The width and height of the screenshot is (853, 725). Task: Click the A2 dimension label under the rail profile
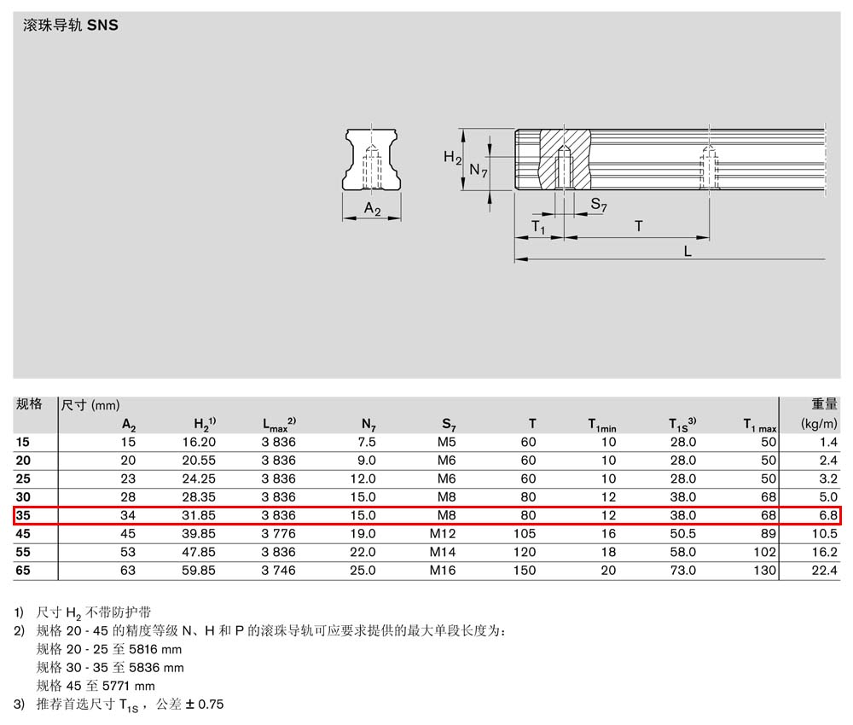coord(372,209)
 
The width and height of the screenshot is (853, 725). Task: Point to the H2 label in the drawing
coord(452,158)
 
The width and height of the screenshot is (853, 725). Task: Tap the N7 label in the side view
coord(479,171)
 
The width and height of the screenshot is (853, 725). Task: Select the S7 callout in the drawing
coord(599,205)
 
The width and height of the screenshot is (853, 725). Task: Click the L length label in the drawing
coord(688,252)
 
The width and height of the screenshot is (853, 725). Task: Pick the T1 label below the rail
coord(537,227)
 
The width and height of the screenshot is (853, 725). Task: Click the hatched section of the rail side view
coord(565,159)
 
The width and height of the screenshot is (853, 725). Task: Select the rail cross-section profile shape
coord(372,159)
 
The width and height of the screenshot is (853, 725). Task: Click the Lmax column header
coord(279,424)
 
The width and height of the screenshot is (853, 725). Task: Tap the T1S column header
coord(682,424)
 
